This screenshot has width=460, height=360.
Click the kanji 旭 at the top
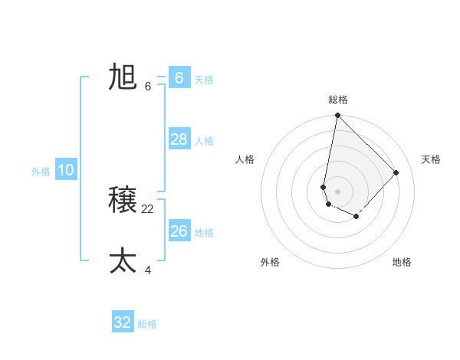pyautogui.click(x=123, y=77)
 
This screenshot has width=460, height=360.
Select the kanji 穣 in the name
pyautogui.click(x=123, y=201)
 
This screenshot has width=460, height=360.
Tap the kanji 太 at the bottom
pyautogui.click(x=123, y=261)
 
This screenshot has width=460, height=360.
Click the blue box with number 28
pyautogui.click(x=179, y=139)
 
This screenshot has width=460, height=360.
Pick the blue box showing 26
pyautogui.click(x=179, y=231)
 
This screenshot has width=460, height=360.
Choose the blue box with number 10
pyautogui.click(x=66, y=170)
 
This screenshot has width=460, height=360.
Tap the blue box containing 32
pyautogui.click(x=123, y=322)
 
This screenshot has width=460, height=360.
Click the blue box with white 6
pyautogui.click(x=179, y=77)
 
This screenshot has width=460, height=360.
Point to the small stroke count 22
pyautogui.click(x=148, y=208)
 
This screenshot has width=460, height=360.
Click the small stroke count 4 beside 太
pyautogui.click(x=148, y=270)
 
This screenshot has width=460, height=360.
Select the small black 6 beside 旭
pyautogui.click(x=148, y=86)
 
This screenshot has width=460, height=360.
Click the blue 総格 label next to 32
pyautogui.click(x=147, y=324)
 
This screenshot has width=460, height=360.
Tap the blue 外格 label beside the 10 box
pyautogui.click(x=41, y=172)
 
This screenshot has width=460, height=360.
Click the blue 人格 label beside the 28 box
pyautogui.click(x=204, y=141)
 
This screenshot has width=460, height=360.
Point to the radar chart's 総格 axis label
pyautogui.click(x=338, y=100)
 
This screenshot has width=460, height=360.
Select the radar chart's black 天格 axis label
pyautogui.click(x=432, y=159)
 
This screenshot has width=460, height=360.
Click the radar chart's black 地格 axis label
pyautogui.click(x=402, y=262)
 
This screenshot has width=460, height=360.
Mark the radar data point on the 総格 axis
pyautogui.click(x=337, y=116)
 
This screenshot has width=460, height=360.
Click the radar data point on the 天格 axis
pyautogui.click(x=396, y=172)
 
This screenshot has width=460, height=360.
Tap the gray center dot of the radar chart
pyautogui.click(x=337, y=191)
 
